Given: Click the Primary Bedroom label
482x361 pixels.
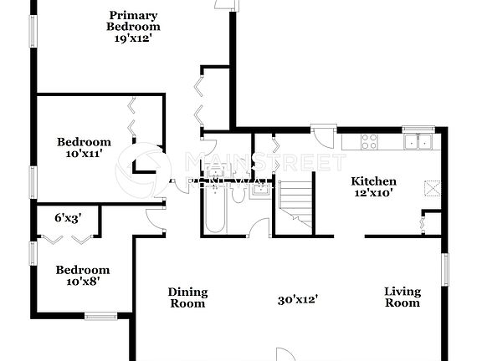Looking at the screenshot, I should tap(132, 20).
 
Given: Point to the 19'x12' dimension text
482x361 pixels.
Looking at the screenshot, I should tap(132, 37).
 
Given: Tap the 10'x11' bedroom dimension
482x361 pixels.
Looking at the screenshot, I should tap(84, 154).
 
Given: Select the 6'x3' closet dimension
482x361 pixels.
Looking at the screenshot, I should tap(68, 217).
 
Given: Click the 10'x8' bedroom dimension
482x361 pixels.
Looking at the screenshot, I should tap(82, 282).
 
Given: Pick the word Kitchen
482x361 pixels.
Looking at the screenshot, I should tap(373, 181).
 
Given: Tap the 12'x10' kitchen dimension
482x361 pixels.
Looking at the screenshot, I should tap(373, 193).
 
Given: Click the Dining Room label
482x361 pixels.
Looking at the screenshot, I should tap(187, 297).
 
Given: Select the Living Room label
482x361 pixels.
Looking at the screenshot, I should tap(402, 297).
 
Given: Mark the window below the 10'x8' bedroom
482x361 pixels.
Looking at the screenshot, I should tap(101, 315).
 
